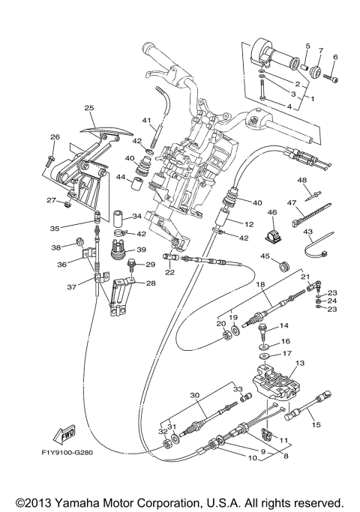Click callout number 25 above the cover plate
[89, 108]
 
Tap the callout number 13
[301, 363]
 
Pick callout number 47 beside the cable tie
[291, 202]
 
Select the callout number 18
[260, 285]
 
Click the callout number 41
[147, 121]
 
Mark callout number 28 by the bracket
[150, 283]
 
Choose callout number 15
[315, 424]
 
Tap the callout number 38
[55, 247]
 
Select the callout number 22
[169, 272]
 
